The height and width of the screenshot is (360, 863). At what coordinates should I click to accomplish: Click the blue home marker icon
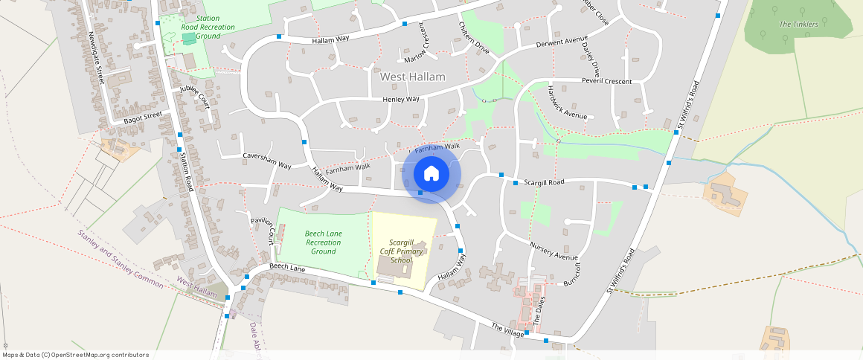431,175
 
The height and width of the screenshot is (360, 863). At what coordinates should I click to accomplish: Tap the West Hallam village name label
412,77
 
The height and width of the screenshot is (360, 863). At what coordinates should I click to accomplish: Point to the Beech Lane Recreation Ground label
324,242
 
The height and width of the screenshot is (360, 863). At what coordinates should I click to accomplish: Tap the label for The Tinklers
798,25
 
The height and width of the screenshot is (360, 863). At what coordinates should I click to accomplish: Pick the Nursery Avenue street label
554,251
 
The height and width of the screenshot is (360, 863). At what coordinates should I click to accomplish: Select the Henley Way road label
401,99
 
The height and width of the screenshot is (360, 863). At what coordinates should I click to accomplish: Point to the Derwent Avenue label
562,42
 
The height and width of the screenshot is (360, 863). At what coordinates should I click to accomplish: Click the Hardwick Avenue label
567,103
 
